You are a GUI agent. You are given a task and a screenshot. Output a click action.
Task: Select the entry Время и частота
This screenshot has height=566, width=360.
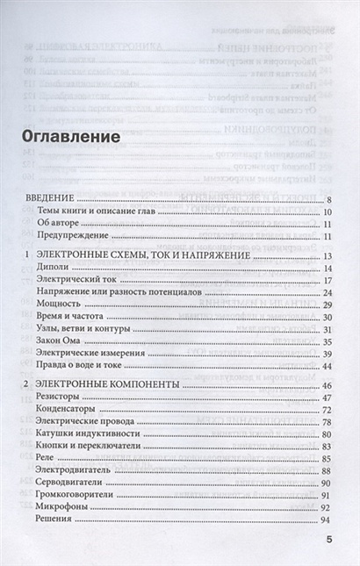(x=73, y=316)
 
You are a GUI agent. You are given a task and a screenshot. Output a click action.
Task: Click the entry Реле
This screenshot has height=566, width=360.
(x=48, y=458)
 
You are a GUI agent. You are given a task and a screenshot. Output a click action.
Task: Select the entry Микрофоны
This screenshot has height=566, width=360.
(x=64, y=506)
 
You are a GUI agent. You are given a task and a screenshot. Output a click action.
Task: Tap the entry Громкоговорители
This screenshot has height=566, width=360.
(x=78, y=494)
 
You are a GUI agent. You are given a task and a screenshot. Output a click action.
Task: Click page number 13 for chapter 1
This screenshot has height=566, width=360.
(x=326, y=256)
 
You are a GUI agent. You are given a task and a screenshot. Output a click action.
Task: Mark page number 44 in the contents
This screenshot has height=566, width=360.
(x=326, y=365)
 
